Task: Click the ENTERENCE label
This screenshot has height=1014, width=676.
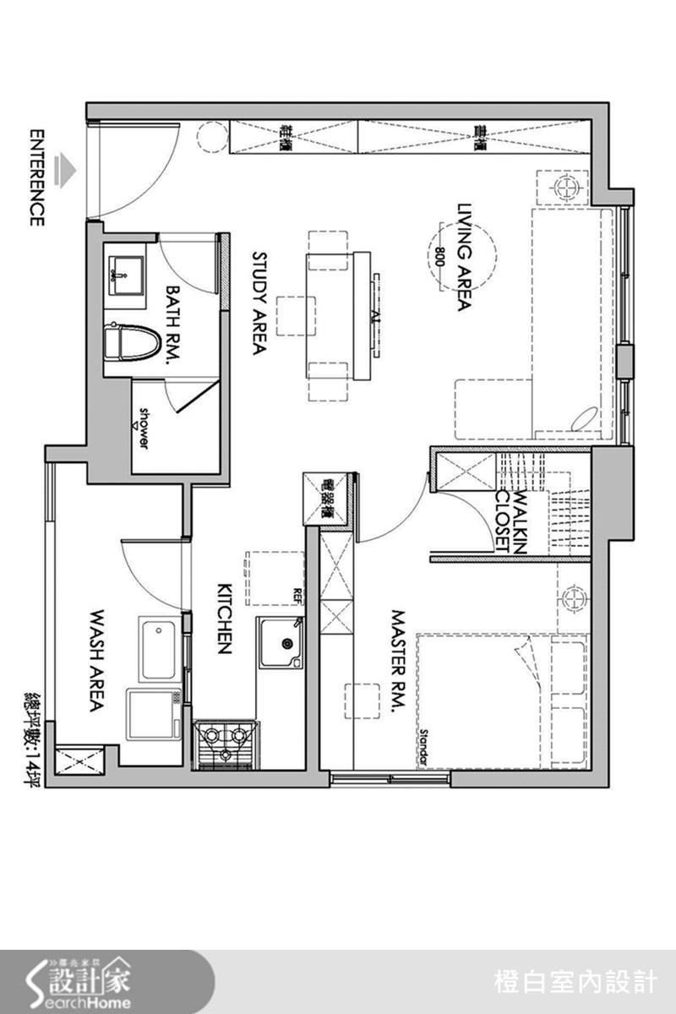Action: point(36,177)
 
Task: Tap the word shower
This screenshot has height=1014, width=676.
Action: point(144,428)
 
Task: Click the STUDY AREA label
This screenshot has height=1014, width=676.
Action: point(259,302)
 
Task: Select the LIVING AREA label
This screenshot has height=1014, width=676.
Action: point(463,257)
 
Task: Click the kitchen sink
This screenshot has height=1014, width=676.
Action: point(281,642)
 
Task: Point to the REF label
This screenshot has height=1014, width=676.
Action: point(297,591)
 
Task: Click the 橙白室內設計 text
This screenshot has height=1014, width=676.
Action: point(575,982)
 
